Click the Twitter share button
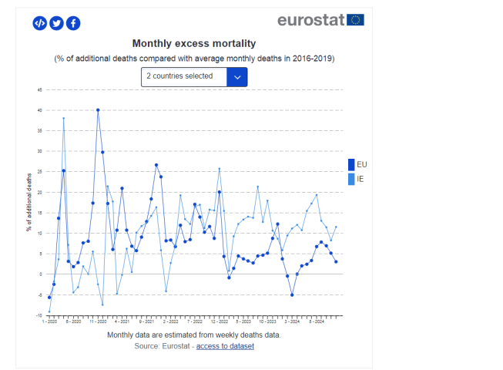56,23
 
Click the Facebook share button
73,23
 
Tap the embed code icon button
40,23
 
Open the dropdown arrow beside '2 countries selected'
237,76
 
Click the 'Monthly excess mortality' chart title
194,44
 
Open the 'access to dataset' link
225,346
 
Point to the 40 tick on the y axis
39,110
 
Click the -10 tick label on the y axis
39,315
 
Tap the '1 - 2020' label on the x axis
49,322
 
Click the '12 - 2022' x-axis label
220,322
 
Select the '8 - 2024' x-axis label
316,322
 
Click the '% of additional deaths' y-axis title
29,202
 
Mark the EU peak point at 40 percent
98,110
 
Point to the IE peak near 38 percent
64,119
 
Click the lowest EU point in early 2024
292,294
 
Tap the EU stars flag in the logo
355,20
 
